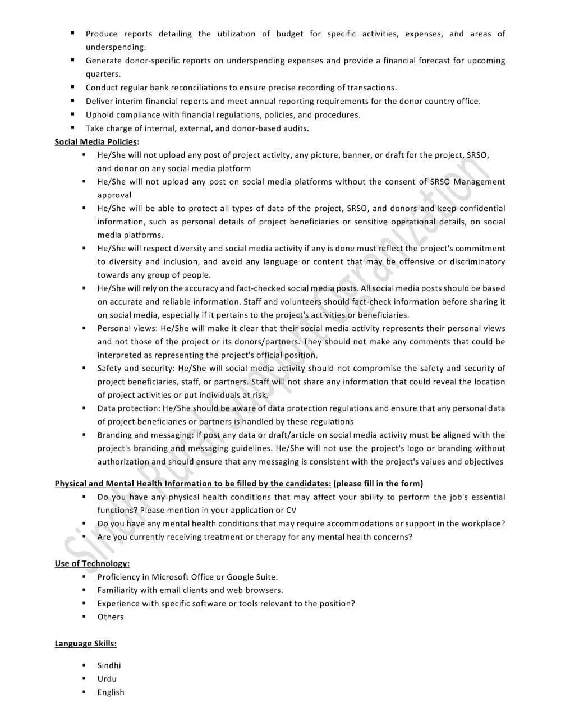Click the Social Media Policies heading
pyautogui.click(x=96, y=142)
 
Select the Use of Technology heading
pyautogui.click(x=92, y=564)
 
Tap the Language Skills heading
pyautogui.click(x=85, y=644)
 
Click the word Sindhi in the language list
pyautogui.click(x=109, y=665)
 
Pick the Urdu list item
pyautogui.click(x=107, y=679)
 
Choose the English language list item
pyautogui.click(x=111, y=692)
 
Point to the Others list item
pyautogui.click(x=110, y=617)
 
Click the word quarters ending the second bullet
pyautogui.click(x=103, y=74)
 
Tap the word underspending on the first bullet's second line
pyautogui.click(x=115, y=48)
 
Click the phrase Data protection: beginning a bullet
pyautogui.click(x=128, y=408)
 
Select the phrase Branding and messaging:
pyautogui.click(x=144, y=435)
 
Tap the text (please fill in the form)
pyautogui.click(x=378, y=484)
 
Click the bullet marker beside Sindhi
pyautogui.click(x=84, y=665)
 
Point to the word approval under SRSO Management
pyautogui.click(x=114, y=195)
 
